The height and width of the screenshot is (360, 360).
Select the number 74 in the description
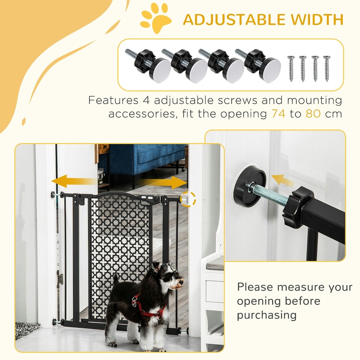(278, 114)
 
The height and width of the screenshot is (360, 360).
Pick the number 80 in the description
(313, 114)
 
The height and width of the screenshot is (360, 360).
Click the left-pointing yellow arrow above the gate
(73, 181)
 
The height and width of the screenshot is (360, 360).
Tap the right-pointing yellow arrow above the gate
(165, 182)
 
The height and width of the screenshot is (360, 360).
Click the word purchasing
(266, 315)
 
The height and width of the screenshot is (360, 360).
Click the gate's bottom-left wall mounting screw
(56, 321)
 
